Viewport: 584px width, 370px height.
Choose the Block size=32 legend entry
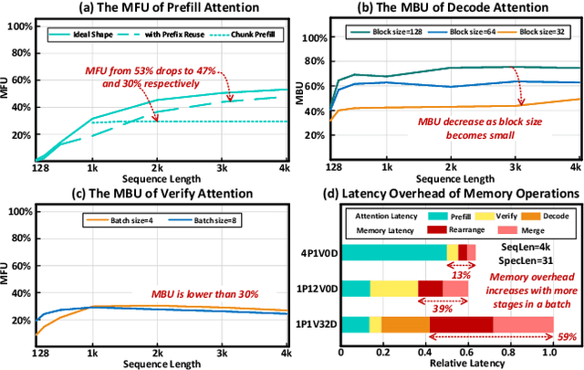(540, 32)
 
